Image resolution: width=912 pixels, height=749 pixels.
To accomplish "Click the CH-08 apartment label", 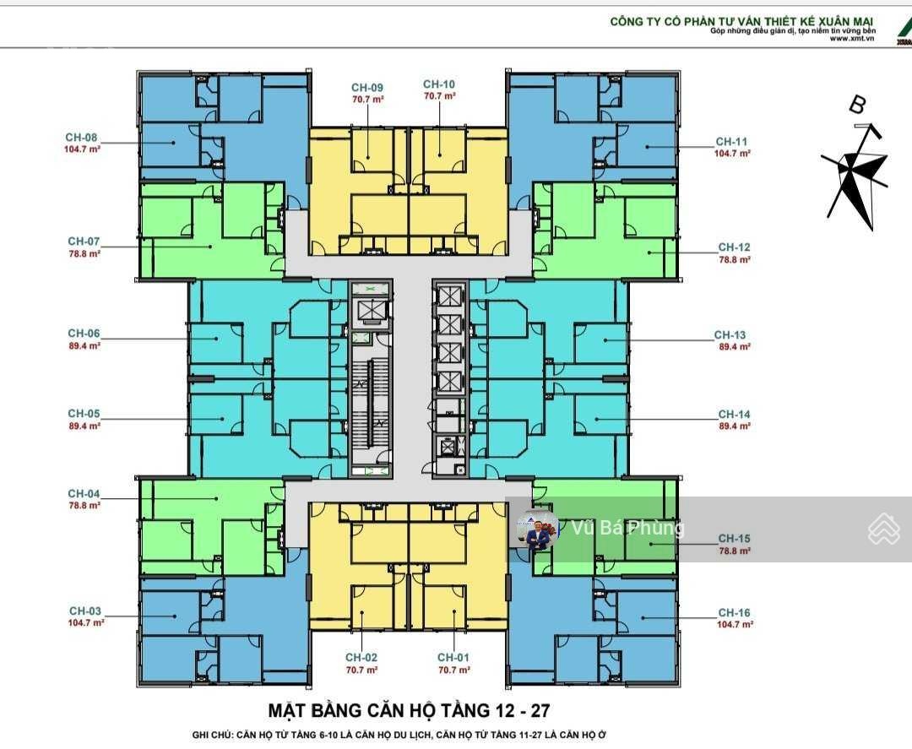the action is coord(81,138).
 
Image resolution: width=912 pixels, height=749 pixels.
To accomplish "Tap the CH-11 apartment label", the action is coord(731,142).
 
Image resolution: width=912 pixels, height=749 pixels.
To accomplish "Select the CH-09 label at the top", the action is coord(367,88).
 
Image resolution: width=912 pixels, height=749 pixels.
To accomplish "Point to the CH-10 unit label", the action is coord(439,84).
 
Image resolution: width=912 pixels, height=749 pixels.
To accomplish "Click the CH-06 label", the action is coord(84,334).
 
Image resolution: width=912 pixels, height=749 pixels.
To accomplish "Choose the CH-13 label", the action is coord(730,335).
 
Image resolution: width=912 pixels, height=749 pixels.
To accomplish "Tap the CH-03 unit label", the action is coord(85,611).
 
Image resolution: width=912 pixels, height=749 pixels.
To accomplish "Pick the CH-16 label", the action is coord(734,613).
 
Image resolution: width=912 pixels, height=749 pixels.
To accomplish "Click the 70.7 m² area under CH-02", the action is coord(361,670).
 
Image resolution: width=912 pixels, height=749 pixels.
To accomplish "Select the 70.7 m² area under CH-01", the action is coord(453,670).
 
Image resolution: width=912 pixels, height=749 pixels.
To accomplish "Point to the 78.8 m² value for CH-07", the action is coord(84,253).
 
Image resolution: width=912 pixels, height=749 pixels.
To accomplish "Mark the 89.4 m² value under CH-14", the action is coord(735,426).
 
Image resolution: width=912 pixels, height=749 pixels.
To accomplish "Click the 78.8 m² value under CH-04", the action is coord(84,506).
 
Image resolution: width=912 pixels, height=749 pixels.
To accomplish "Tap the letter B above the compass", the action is coord(857,106).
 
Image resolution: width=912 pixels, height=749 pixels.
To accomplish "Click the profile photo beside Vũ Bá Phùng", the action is coord(537,530).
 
